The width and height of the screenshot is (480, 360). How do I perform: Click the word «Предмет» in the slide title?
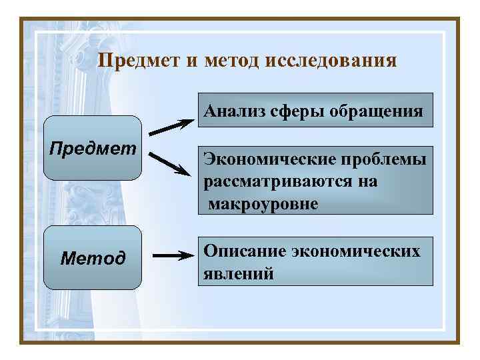coord(138,61)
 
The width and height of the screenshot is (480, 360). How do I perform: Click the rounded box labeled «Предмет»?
coord(93,147)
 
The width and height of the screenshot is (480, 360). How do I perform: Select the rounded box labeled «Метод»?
coord(93,257)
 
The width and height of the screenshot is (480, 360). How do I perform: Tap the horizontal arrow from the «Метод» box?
coord(172,255)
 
